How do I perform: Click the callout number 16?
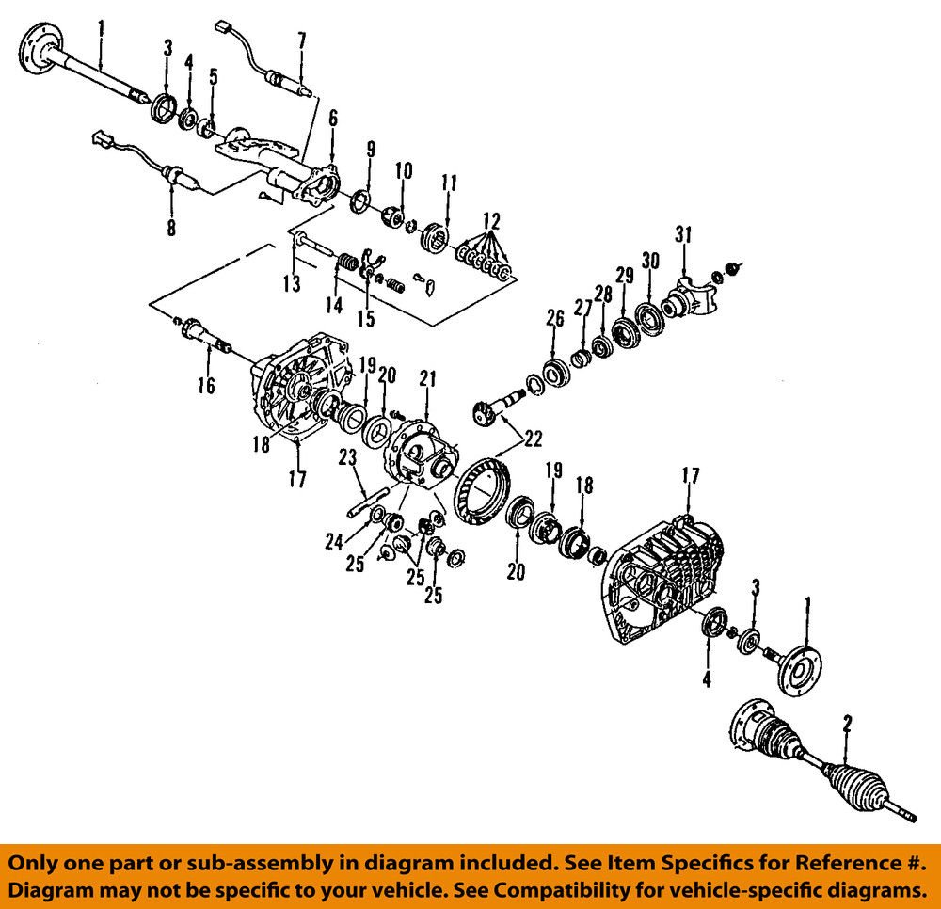coord(206,385)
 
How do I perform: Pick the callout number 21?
coord(427,379)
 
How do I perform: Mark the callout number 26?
coord(554,320)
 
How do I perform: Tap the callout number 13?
coord(294,284)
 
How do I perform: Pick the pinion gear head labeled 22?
coord(486,410)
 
